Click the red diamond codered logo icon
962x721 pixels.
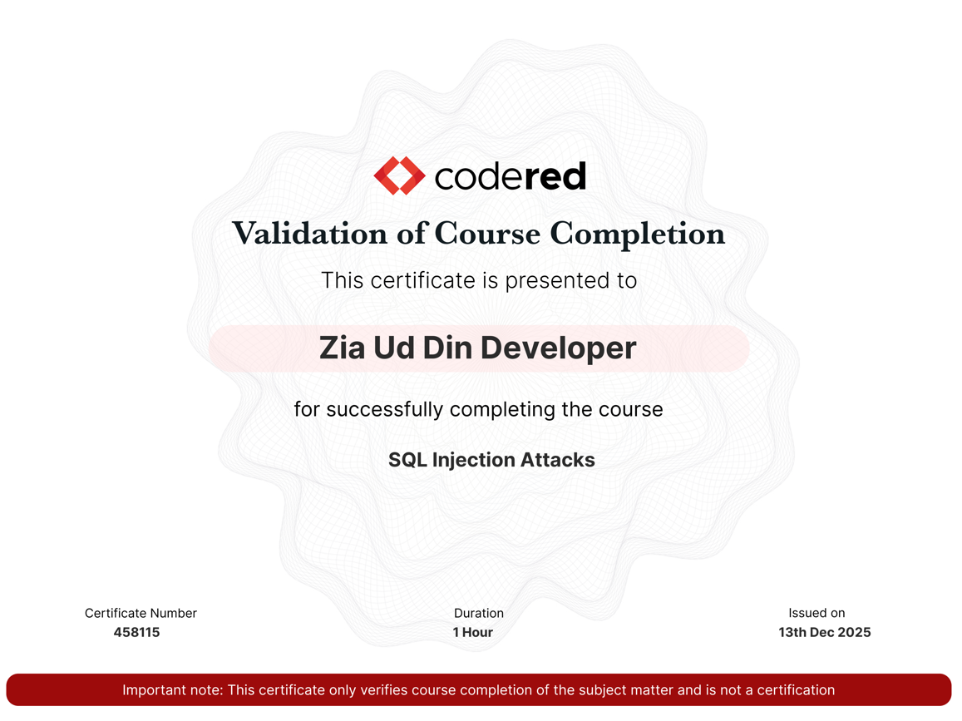(x=399, y=175)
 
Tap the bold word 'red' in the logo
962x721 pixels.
(x=555, y=176)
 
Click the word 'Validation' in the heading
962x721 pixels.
(x=310, y=234)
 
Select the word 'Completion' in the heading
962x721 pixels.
(x=638, y=234)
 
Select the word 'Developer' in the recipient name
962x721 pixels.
(x=558, y=348)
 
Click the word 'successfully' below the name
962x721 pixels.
(x=385, y=409)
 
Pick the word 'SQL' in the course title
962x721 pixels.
(x=407, y=460)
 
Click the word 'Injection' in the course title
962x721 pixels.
(x=474, y=460)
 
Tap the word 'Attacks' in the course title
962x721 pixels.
(x=558, y=460)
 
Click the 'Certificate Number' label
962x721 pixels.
(x=141, y=613)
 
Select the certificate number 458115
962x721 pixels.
(x=137, y=632)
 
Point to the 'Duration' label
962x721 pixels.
(x=479, y=613)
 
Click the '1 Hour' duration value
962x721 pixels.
(x=473, y=632)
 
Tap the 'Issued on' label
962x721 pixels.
(x=816, y=612)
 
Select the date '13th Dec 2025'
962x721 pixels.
(x=825, y=632)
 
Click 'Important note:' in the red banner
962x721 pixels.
(x=173, y=689)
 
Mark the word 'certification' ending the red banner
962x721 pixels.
(x=796, y=689)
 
